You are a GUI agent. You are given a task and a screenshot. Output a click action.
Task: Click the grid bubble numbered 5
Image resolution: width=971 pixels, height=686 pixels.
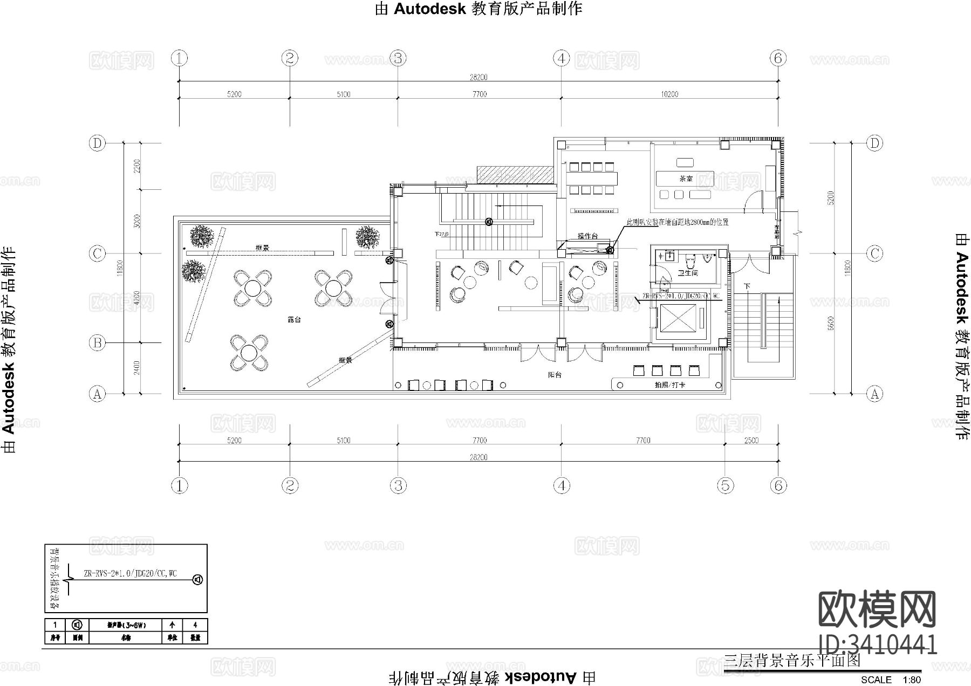(725, 485)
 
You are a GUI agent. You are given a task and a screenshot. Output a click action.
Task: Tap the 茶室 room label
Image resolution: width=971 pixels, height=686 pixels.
(686, 179)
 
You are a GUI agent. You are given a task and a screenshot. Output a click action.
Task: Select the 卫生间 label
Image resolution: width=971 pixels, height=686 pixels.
(688, 273)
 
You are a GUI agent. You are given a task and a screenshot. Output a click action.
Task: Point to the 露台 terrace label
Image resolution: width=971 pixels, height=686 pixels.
(294, 320)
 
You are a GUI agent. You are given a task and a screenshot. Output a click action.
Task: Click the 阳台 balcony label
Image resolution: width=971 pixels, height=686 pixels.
(555, 374)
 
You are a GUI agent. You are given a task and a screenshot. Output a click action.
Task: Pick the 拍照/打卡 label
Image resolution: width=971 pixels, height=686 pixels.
(667, 385)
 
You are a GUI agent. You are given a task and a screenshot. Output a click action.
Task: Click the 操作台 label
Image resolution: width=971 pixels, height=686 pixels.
(587, 236)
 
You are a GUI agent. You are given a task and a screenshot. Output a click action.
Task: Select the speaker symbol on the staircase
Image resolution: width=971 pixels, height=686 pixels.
(489, 221)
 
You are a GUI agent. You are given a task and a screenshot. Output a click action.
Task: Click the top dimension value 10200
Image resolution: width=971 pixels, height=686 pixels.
(669, 94)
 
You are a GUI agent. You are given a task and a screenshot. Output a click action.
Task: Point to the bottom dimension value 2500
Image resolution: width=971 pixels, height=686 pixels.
(751, 441)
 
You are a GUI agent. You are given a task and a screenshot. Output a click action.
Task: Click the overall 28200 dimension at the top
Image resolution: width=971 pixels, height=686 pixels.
(478, 77)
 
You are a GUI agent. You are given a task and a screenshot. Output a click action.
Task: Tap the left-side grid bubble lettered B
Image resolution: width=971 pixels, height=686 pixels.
(97, 342)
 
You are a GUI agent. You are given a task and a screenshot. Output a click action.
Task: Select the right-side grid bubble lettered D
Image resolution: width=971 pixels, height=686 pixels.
(874, 143)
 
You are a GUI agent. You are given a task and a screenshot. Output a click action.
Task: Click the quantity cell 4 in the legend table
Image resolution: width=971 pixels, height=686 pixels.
(195, 625)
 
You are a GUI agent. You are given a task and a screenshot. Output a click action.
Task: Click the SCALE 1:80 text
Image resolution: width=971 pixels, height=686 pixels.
(891, 680)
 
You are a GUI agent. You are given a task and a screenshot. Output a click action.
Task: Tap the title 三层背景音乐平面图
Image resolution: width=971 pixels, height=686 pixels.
(792, 660)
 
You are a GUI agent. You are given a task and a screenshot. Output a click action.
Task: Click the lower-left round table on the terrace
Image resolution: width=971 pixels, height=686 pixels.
(249, 353)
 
